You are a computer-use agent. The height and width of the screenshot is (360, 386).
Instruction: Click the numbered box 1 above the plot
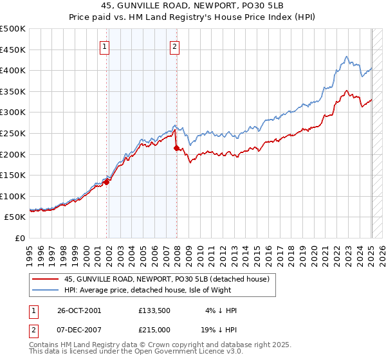(x=104, y=46)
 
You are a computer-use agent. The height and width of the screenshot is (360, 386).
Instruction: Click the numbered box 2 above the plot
(x=174, y=46)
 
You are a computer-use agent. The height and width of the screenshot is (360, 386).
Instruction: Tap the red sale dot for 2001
(x=107, y=181)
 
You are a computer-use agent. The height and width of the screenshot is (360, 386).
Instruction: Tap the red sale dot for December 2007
(x=176, y=148)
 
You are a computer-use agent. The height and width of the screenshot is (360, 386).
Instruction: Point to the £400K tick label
(x=13, y=71)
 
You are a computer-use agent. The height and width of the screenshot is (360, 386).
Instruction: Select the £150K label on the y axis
(x=13, y=175)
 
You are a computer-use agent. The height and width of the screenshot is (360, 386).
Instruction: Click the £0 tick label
(x=19, y=238)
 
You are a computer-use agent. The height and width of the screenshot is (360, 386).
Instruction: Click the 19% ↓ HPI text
(x=221, y=328)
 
